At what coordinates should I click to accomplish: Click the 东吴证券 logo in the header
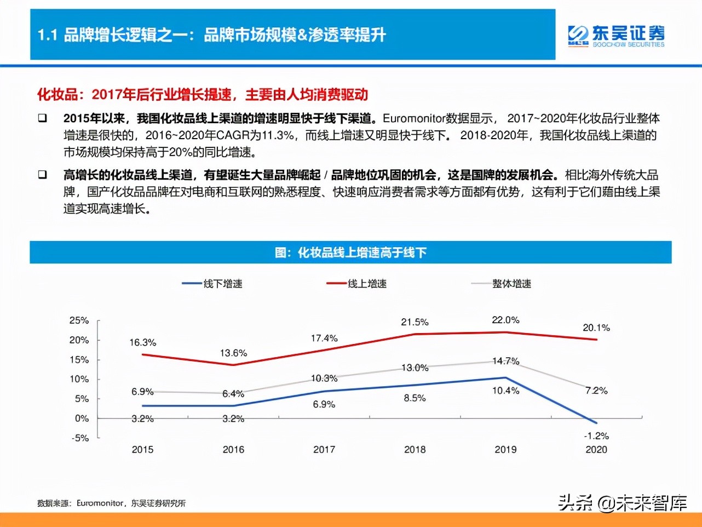[x=615, y=36]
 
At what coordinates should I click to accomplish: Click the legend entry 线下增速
[x=222, y=284]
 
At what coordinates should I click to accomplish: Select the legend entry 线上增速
[x=367, y=284]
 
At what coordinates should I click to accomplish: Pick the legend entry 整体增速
[x=511, y=284]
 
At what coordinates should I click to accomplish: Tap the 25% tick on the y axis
[x=79, y=320]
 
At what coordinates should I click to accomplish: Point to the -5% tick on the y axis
[x=80, y=438]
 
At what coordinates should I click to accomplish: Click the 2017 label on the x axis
[x=324, y=450]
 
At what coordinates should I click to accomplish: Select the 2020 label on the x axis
[x=596, y=450]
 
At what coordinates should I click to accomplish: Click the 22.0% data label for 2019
[x=505, y=320]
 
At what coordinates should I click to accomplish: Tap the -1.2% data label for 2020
[x=596, y=436]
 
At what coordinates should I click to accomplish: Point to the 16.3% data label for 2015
[x=142, y=342]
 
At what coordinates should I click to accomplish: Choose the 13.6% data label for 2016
[x=233, y=353]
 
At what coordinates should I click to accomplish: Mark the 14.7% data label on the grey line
[x=505, y=361]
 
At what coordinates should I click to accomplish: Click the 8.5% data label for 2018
[x=415, y=398]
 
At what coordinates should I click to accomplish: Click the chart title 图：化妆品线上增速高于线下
[x=350, y=253]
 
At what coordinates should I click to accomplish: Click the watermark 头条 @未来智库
[x=623, y=502]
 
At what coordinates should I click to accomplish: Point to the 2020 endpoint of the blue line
[x=596, y=423]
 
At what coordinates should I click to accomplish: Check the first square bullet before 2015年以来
[x=42, y=118]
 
